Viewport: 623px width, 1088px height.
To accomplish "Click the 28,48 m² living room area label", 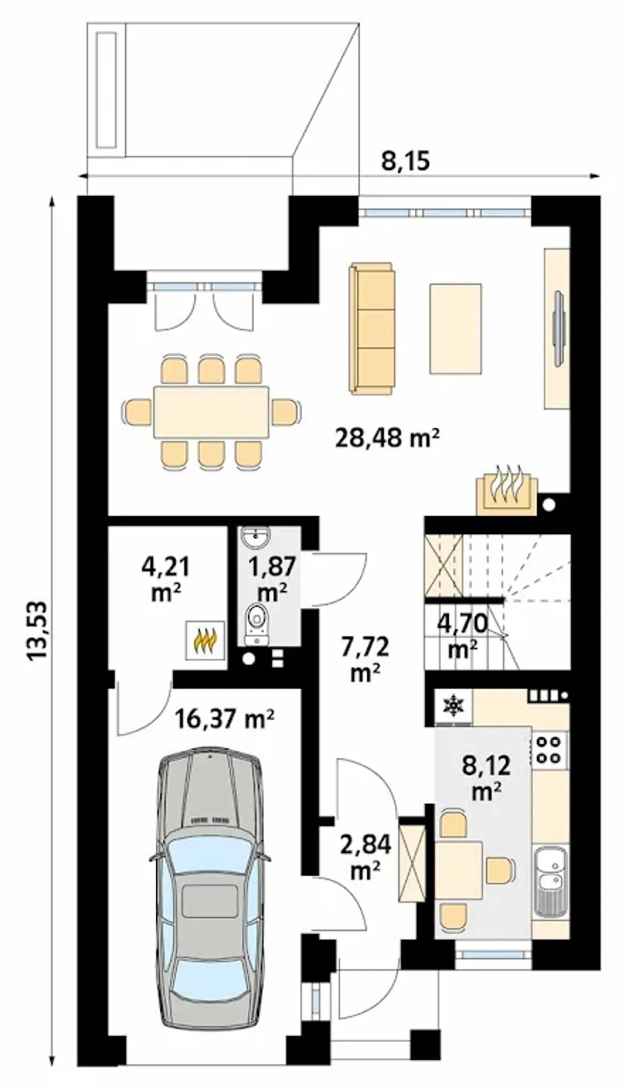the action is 387,438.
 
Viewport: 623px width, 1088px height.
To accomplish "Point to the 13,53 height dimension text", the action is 37,631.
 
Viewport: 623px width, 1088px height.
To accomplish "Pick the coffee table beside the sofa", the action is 456,329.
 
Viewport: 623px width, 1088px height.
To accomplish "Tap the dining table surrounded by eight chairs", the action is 211,412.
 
